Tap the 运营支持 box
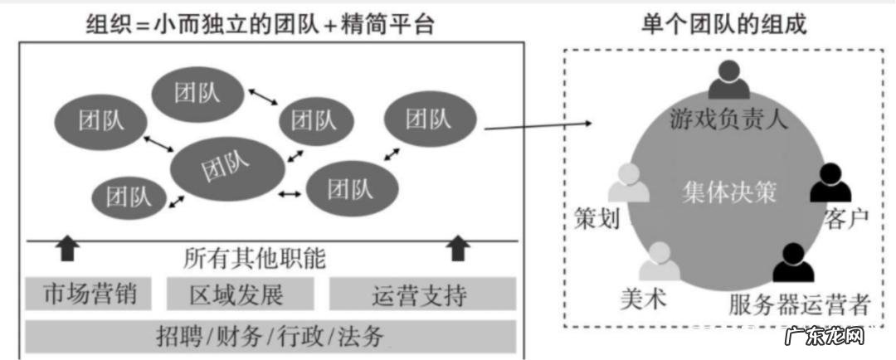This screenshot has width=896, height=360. coord(421,294)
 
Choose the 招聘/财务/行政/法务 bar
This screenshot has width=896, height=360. coord(270,336)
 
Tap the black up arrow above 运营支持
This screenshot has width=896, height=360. coord(458,246)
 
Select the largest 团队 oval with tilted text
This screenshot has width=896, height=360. coord(222,168)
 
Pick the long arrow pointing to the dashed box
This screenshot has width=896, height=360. coord(538,126)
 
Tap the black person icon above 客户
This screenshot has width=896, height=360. coord(830,183)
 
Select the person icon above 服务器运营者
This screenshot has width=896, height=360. coord(792,263)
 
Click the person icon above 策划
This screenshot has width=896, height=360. coord(628,183)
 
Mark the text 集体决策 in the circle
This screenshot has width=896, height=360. coord(729,192)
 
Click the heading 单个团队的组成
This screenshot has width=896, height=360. coord(723,23)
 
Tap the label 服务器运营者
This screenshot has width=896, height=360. coord(800,304)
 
